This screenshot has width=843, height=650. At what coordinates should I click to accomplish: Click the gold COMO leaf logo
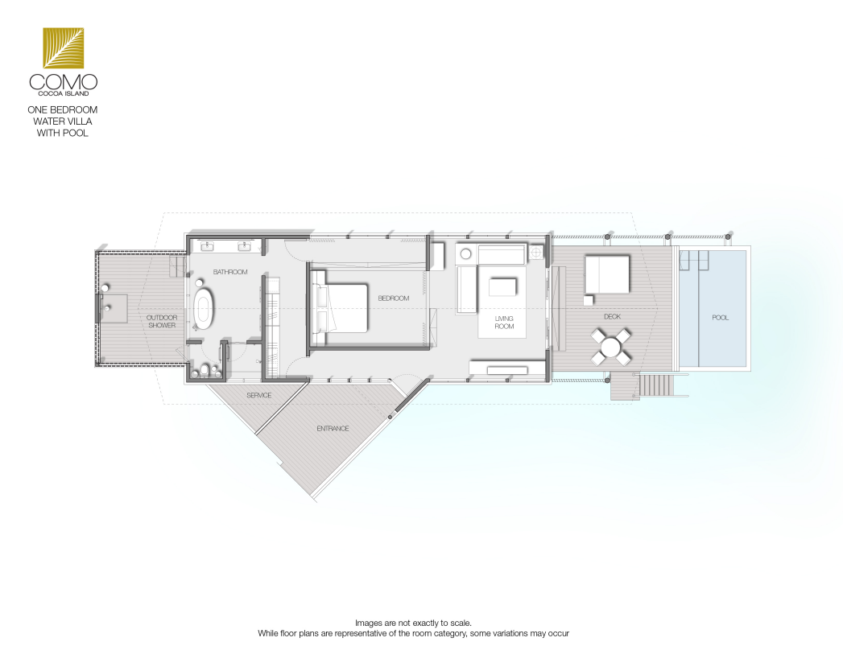[64, 47]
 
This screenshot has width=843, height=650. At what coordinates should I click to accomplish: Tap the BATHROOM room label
[230, 272]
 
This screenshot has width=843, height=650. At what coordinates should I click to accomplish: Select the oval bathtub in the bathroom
[204, 309]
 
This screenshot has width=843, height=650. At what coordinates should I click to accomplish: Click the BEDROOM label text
[394, 298]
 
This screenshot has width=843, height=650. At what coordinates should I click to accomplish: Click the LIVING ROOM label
[504, 323]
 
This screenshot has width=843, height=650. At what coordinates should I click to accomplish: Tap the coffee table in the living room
[502, 286]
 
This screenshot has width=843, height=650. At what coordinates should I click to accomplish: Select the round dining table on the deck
[610, 347]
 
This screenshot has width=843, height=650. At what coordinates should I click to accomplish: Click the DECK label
[613, 316]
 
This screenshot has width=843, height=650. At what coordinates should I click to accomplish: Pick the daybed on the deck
[607, 274]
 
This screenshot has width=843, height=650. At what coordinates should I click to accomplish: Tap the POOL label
[721, 318]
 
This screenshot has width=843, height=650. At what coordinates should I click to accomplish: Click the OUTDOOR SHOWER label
[162, 321]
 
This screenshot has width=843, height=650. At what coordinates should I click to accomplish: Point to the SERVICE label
[259, 395]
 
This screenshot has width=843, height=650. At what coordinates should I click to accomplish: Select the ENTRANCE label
[333, 429]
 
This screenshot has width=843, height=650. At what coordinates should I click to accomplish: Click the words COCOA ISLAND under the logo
[64, 93]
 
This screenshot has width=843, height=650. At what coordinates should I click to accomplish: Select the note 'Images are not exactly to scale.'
[413, 623]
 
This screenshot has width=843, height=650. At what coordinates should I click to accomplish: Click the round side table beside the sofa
[465, 253]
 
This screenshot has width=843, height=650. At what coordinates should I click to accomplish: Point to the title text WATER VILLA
[63, 121]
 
